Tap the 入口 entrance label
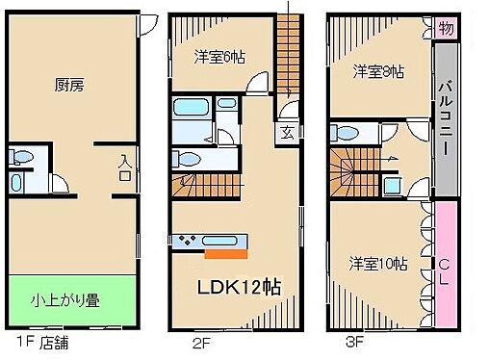(125, 170)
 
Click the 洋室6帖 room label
(219, 58)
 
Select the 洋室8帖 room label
(377, 71)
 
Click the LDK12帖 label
(239, 288)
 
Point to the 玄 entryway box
(287, 133)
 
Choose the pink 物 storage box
(445, 29)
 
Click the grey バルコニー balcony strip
(446, 118)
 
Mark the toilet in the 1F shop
(23, 156)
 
